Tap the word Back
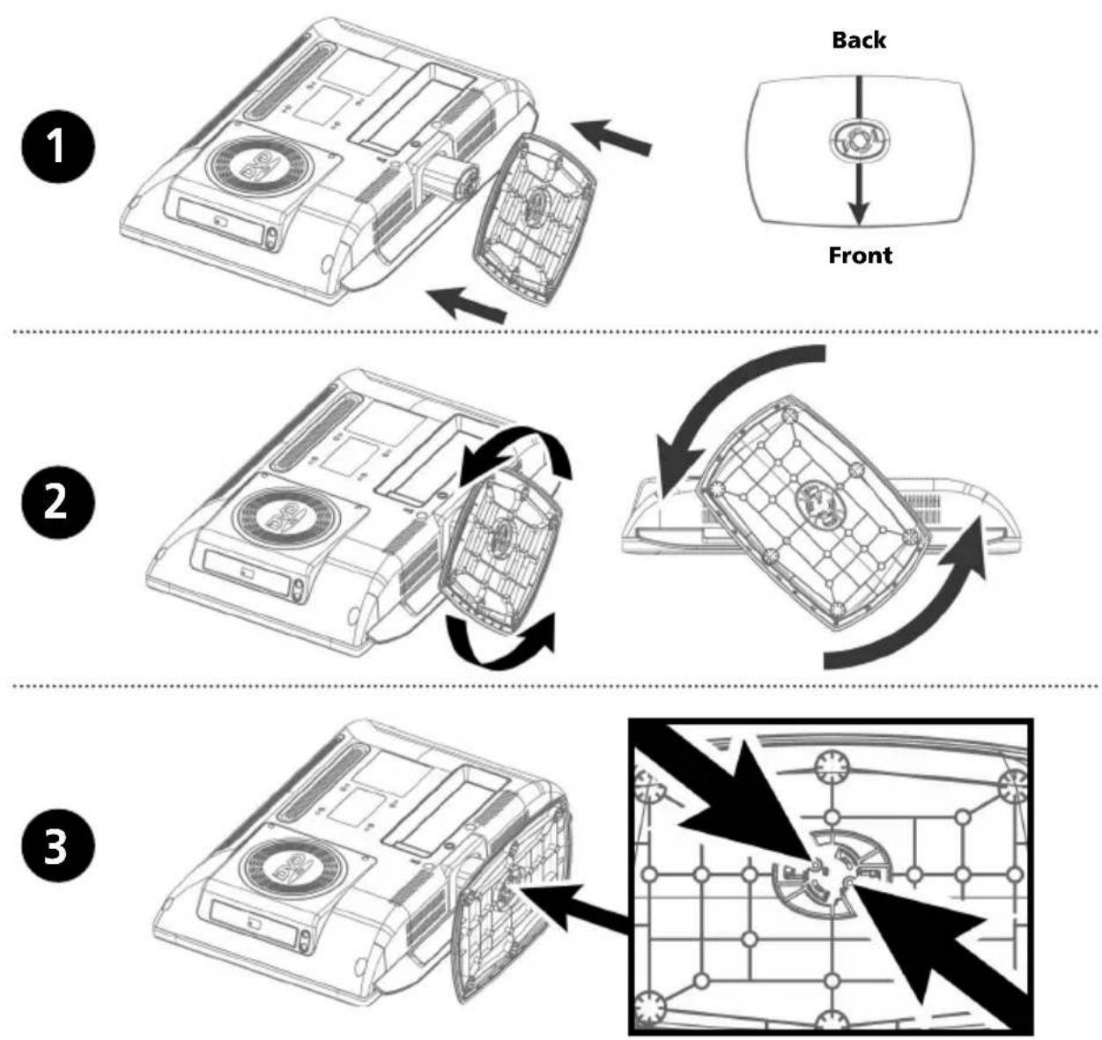(859, 40)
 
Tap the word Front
(860, 255)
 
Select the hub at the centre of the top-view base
(859, 139)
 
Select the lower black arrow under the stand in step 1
(467, 303)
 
